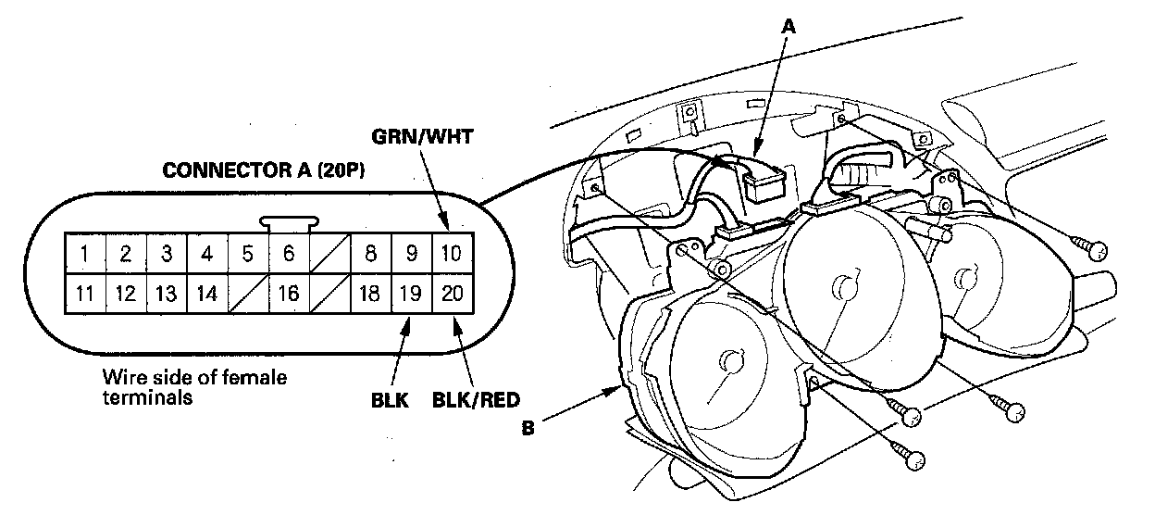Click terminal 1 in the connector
pos(84,253)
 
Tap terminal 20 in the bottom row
pos(452,295)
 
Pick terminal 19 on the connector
pos(411,295)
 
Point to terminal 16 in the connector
pos(289,295)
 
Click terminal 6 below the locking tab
pos(289,253)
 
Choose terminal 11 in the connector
pos(84,295)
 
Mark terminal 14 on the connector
pos(207,295)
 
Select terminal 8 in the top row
pos(370,253)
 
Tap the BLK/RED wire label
pos(476,401)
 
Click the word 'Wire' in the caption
pos(120,378)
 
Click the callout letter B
pos(527,429)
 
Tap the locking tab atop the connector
pos(290,222)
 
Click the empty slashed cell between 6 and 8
pos(329,253)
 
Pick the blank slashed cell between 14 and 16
pos(248,295)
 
